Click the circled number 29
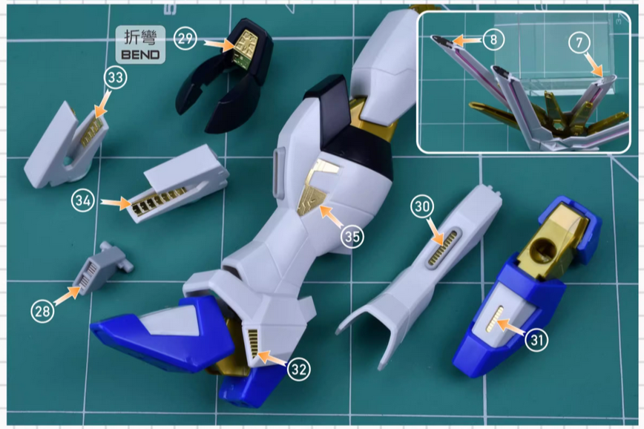pyautogui.click(x=186, y=36)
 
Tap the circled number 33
pyautogui.click(x=115, y=76)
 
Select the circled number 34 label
pyautogui.click(x=83, y=200)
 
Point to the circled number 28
pyautogui.click(x=42, y=312)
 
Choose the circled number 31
pyautogui.click(x=537, y=341)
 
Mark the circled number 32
pyautogui.click(x=298, y=369)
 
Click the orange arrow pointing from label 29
pyautogui.click(x=219, y=45)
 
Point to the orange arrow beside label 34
pyautogui.click(x=113, y=202)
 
